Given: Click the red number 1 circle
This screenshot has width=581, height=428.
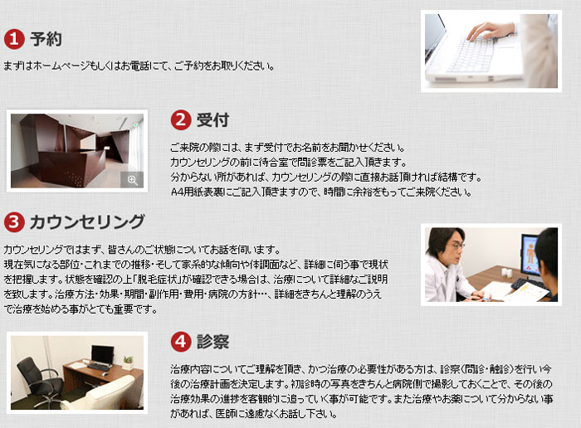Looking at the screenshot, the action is (x=14, y=39).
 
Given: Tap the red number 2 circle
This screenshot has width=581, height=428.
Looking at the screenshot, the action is (x=181, y=120).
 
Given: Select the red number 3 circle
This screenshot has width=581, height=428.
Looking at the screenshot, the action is (x=14, y=221).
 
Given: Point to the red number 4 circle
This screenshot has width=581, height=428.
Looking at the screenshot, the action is (x=181, y=342).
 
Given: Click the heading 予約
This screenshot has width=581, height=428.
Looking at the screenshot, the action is (x=46, y=39).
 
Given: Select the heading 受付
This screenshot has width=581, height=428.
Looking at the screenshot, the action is (x=212, y=120).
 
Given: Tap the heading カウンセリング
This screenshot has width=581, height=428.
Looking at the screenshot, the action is (x=87, y=222).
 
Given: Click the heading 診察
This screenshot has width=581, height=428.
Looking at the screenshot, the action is (x=212, y=342).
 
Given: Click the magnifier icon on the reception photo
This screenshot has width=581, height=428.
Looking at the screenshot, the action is (x=132, y=180).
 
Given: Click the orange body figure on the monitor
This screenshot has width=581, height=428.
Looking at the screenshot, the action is (x=531, y=254).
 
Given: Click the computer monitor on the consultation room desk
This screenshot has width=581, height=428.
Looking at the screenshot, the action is (x=102, y=355).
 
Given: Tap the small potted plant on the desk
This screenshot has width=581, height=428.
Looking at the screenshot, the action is (x=128, y=362).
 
